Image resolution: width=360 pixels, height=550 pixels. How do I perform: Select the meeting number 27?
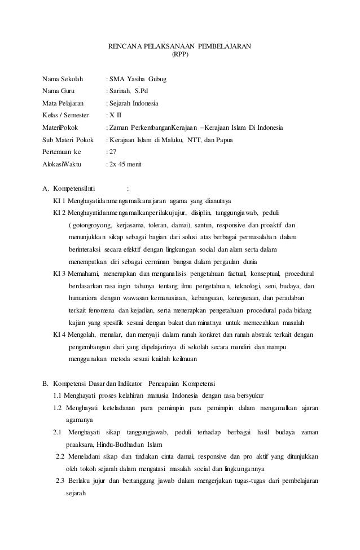coord(113,152)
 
